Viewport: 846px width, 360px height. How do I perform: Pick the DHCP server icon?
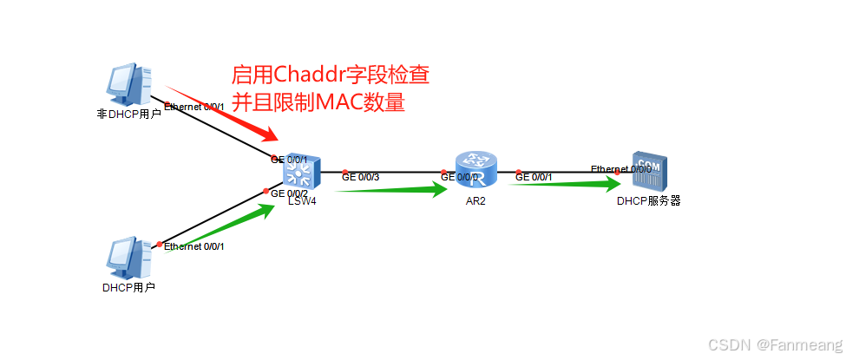click(x=648, y=173)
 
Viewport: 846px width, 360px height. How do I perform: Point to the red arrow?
click(x=222, y=113)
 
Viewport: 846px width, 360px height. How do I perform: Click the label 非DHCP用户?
click(x=128, y=114)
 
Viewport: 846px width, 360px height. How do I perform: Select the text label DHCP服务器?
click(x=648, y=201)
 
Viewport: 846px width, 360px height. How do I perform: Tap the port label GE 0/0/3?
click(x=361, y=177)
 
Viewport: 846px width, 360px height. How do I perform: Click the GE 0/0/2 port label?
click(x=290, y=193)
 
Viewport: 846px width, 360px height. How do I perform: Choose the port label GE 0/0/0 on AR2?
click(x=460, y=177)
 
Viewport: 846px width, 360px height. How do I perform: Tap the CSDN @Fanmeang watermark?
click(x=775, y=344)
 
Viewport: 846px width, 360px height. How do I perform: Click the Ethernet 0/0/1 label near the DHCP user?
click(x=194, y=246)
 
